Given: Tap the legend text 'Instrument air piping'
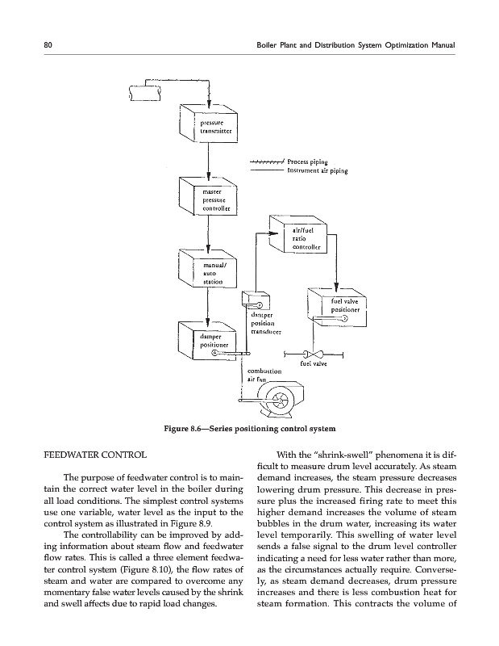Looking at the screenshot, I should pyautogui.click(x=318, y=170).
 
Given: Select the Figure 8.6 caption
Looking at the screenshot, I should pyautogui.click(x=249, y=427).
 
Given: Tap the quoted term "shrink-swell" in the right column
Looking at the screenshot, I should pyautogui.click(x=348, y=455).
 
